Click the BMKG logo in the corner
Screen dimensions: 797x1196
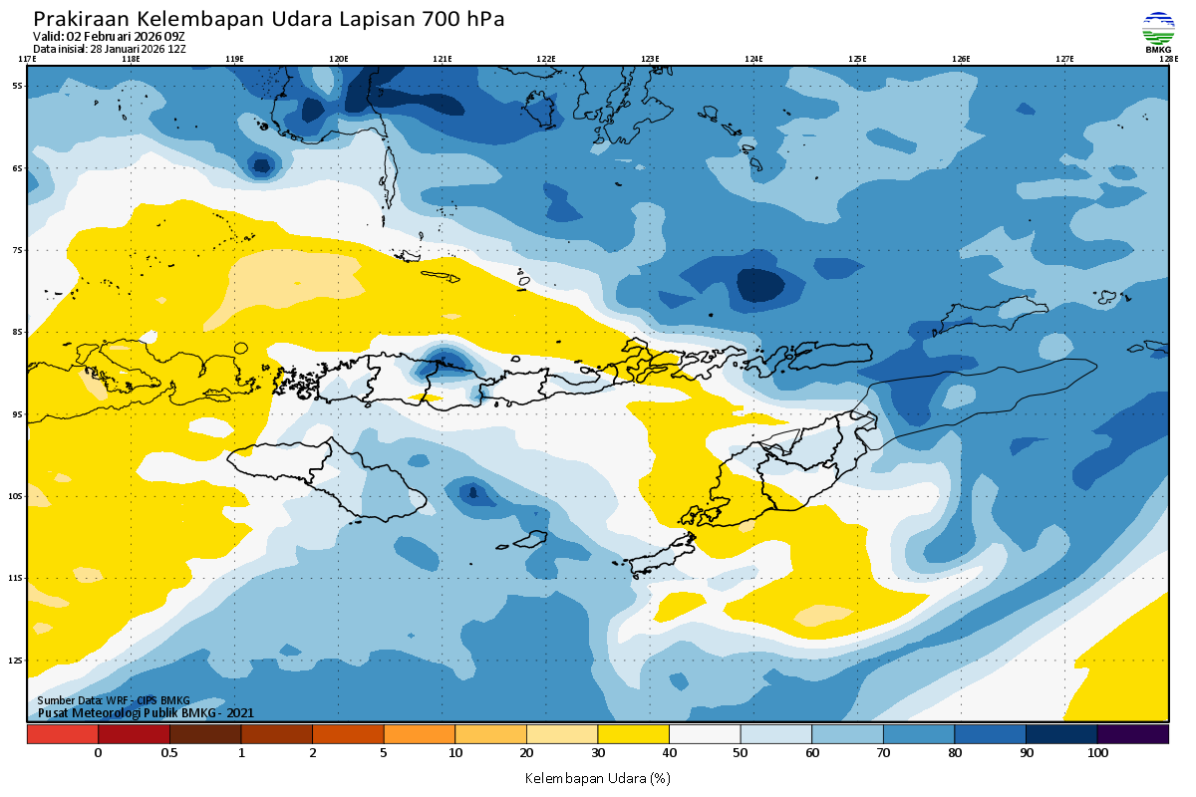1158,32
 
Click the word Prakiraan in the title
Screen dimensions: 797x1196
81,19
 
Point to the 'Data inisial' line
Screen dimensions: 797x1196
110,49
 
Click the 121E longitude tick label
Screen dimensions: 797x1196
443,59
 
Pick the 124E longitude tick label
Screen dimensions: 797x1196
753,59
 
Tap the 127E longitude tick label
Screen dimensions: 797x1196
1064,59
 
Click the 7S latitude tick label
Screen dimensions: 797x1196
18,250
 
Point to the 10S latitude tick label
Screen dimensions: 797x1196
17,496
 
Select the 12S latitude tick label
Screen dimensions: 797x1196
17,661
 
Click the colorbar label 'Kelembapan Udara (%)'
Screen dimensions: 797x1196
597,777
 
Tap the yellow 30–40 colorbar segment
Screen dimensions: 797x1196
633,734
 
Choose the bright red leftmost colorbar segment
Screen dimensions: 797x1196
63,734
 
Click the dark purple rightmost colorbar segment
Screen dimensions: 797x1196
1133,734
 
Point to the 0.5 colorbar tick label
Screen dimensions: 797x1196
169,753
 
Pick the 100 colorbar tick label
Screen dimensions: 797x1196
1097,753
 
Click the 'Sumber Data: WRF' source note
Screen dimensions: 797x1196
113,701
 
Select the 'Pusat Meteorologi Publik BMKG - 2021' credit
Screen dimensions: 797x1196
146,712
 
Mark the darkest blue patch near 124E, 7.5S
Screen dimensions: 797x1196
758,285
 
